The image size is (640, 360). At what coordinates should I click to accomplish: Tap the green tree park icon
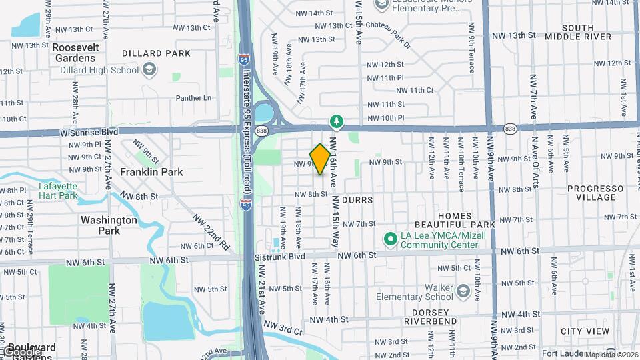point(338,121)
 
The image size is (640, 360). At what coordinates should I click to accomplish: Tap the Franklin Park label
point(151,172)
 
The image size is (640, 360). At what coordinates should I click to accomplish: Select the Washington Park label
point(109,225)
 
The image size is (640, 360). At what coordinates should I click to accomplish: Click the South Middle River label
point(577,32)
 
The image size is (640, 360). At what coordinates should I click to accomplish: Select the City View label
point(585,331)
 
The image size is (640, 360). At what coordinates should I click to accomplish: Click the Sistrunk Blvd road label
point(279,256)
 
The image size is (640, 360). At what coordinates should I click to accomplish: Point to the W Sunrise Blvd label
point(89,132)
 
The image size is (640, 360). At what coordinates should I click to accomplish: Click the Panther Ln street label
point(193,98)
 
